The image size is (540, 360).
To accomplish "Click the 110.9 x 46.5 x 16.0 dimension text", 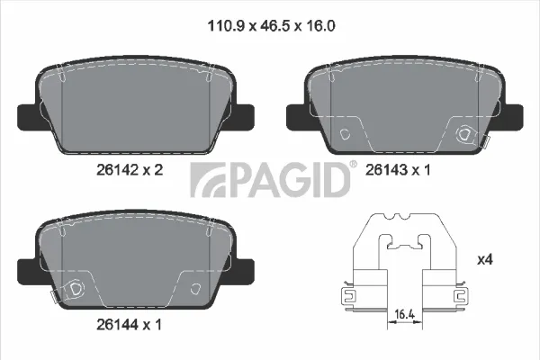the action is click(271, 26).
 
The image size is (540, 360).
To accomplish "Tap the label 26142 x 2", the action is click(130, 170).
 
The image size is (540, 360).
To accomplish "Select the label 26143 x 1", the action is click(398, 170).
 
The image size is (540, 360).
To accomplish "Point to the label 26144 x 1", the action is click(129, 325).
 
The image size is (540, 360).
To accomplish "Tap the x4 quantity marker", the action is click(485, 259).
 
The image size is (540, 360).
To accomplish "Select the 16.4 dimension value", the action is click(404, 314).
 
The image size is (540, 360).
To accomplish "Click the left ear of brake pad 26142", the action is click(28, 118).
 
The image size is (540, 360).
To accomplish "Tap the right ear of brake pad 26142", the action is click(244, 118).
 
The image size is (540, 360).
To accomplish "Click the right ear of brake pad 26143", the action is click(513, 118).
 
